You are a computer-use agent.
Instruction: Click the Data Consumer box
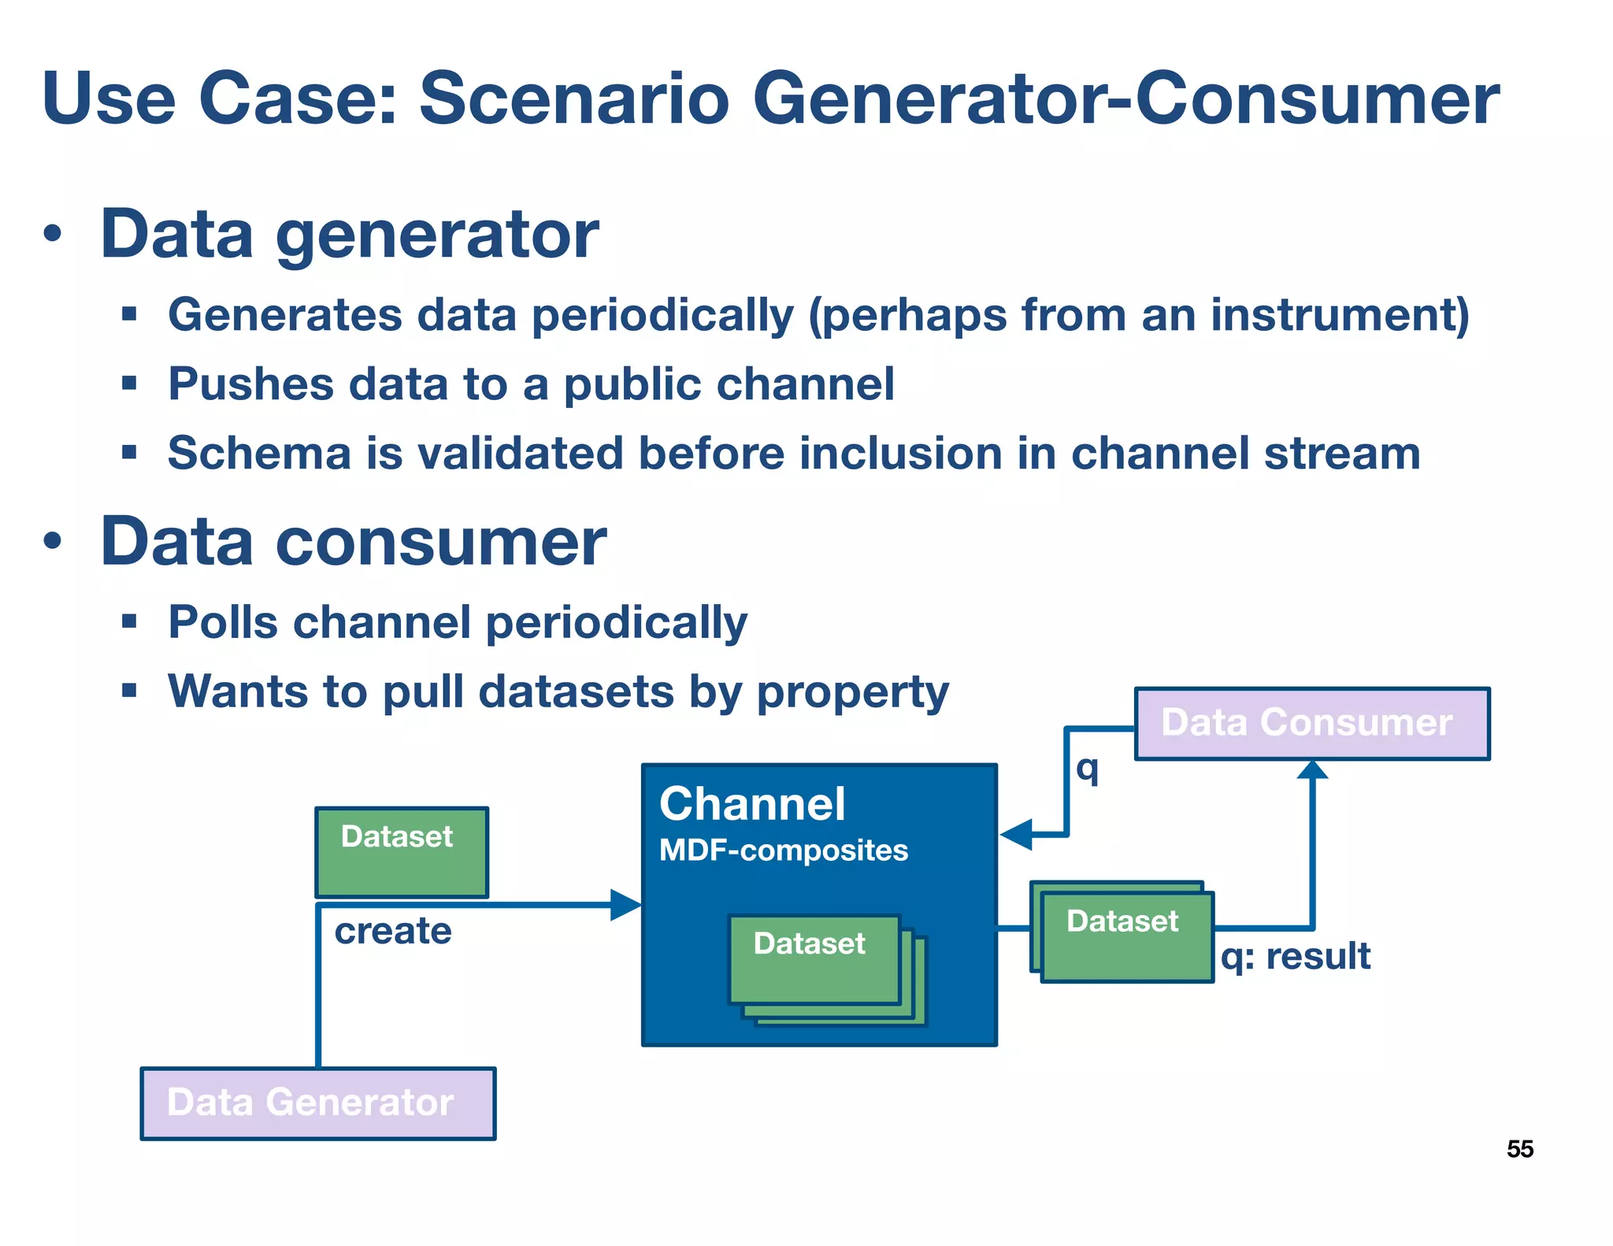(x=1311, y=723)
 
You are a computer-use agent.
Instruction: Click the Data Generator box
(x=317, y=1103)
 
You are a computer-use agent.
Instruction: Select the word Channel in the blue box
(x=752, y=804)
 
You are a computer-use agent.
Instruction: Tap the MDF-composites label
(x=783, y=851)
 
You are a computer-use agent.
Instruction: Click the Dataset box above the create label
(x=401, y=852)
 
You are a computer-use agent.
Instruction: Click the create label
(x=392, y=932)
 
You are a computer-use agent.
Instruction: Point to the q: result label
(x=1296, y=957)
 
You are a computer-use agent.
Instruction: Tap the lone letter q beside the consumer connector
(x=1087, y=768)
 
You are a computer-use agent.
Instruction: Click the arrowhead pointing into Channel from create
(x=627, y=905)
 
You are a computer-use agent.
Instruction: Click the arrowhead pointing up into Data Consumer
(x=1312, y=769)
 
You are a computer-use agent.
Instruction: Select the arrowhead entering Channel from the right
(x=1017, y=834)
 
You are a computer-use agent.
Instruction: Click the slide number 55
(x=1519, y=1149)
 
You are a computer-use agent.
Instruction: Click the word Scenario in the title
(x=574, y=98)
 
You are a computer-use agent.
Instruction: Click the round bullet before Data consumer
(x=53, y=542)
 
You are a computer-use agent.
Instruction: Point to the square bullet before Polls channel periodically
(x=130, y=622)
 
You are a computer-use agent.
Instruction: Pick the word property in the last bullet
(x=852, y=692)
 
